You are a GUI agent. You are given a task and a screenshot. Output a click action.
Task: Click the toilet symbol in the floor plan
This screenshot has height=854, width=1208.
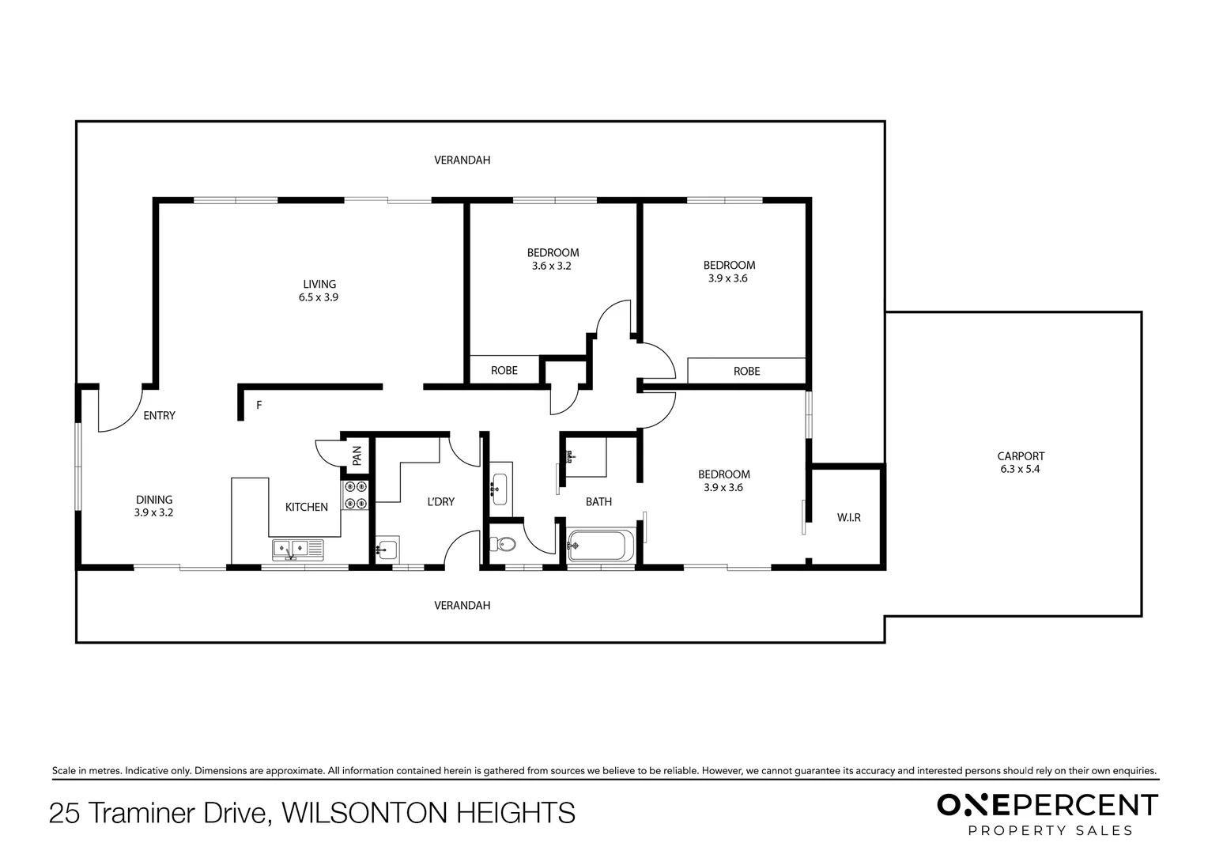(x=503, y=544)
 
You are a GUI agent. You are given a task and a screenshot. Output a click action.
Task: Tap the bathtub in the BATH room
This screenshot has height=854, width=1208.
(x=601, y=546)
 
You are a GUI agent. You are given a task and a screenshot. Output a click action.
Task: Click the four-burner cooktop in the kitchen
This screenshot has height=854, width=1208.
(x=356, y=495)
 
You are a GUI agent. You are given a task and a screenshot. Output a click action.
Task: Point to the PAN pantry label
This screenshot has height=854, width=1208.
(x=357, y=456)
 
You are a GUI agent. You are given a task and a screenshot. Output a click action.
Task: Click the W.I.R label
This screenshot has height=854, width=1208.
(x=849, y=518)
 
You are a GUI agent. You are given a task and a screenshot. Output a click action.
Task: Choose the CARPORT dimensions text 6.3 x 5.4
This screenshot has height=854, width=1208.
(x=1021, y=470)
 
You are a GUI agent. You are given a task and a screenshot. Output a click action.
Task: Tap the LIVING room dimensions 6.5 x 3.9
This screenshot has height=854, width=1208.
(x=319, y=297)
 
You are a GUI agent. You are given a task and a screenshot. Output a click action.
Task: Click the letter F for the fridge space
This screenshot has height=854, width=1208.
(x=259, y=405)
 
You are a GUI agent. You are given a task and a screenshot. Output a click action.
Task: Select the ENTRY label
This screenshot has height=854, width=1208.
(x=160, y=415)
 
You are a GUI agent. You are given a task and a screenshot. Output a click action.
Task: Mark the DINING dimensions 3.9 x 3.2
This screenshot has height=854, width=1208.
(x=153, y=512)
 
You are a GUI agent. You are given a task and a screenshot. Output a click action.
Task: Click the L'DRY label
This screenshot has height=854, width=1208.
(x=440, y=501)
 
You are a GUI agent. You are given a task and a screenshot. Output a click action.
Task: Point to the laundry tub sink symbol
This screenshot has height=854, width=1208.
(x=387, y=550)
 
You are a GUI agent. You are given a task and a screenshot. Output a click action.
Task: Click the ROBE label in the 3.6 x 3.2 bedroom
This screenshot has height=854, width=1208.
(x=504, y=371)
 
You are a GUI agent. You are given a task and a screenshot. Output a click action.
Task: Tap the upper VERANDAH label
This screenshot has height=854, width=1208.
(x=462, y=161)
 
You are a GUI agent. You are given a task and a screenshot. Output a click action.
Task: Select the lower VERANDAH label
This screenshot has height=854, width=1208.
(x=462, y=605)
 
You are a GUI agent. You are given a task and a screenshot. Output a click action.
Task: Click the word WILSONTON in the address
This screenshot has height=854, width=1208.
(x=364, y=813)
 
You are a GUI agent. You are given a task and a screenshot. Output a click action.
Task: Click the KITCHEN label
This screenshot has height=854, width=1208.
(x=306, y=507)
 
